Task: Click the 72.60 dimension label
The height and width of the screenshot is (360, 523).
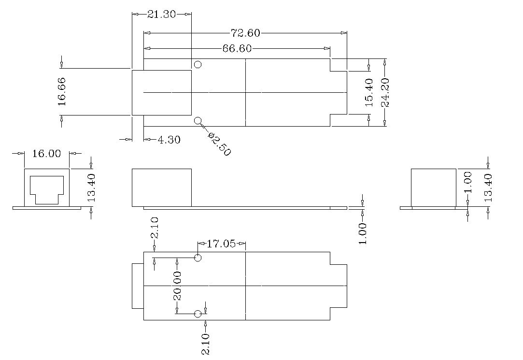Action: pyautogui.click(x=245, y=33)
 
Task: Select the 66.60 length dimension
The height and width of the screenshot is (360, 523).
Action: pyautogui.click(x=237, y=48)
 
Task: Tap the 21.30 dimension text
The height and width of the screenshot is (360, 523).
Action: pyautogui.click(x=161, y=14)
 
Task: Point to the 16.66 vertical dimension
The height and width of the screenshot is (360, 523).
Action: pyautogui.click(x=62, y=91)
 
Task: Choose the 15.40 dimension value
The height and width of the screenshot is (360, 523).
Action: pyautogui.click(x=369, y=92)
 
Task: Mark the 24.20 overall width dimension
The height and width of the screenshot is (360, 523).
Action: pyautogui.click(x=385, y=92)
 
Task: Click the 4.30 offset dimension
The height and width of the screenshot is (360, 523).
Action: pyautogui.click(x=169, y=140)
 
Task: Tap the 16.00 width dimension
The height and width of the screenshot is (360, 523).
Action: pyautogui.click(x=47, y=154)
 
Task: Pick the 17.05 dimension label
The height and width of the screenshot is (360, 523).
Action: pyautogui.click(x=221, y=244)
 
